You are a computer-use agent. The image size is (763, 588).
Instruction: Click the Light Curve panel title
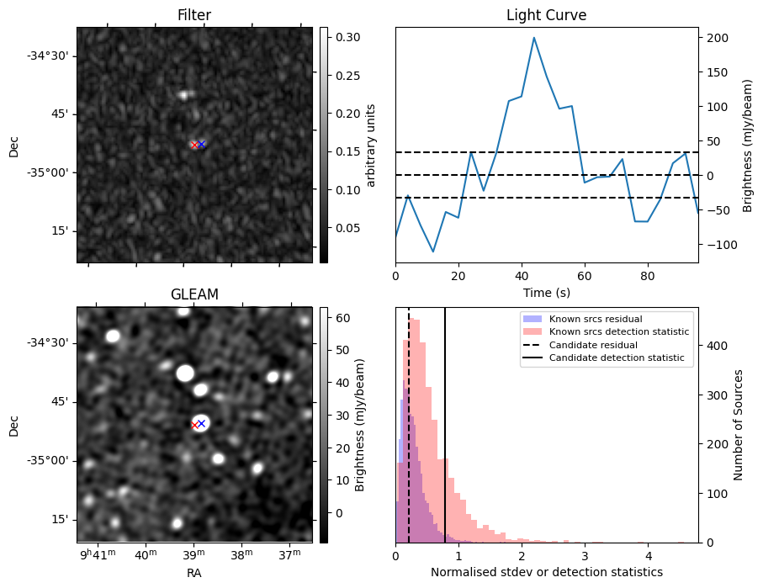pos(546,15)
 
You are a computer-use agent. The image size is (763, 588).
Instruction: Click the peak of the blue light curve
pos(533,37)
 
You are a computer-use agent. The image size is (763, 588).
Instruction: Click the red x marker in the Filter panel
pos(194,145)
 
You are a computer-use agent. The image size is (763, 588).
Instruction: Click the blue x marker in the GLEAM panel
pos(201,423)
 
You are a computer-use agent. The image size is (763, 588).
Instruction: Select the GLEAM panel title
pos(194,294)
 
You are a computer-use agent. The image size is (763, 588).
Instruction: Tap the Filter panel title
pos(194,15)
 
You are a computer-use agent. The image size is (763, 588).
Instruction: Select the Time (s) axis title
pos(546,292)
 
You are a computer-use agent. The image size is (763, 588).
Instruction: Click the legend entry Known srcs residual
pos(596,320)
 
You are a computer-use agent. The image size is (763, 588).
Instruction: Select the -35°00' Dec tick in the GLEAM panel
pos(56,461)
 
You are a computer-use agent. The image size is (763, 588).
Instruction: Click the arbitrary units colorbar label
pos(370,145)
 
